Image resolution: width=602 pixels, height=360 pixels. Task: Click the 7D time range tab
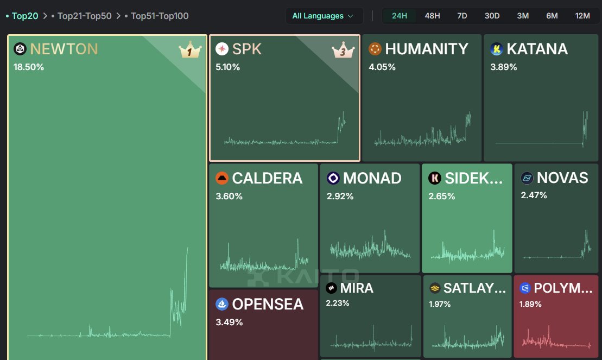[462, 16]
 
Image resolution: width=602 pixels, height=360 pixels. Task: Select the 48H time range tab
[432, 16]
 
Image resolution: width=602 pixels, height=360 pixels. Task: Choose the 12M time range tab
[582, 16]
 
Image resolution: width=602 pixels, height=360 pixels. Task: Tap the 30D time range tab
[492, 16]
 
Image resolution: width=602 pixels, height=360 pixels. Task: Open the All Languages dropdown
[322, 16]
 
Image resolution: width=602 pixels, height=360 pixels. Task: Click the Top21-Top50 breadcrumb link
[85, 16]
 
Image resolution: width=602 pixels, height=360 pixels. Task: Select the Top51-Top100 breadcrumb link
[160, 16]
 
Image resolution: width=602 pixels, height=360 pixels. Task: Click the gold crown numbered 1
[190, 50]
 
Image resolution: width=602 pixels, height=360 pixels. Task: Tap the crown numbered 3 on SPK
[343, 50]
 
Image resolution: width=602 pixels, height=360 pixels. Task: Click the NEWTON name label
[64, 49]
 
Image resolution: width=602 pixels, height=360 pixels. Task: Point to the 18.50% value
[29, 67]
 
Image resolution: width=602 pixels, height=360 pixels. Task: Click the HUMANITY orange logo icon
[375, 49]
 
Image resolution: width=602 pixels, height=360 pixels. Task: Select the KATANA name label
[537, 49]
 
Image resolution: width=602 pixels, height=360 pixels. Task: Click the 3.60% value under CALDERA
[229, 197]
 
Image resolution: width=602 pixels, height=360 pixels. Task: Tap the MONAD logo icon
[333, 178]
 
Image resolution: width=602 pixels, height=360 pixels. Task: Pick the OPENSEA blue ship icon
[222, 304]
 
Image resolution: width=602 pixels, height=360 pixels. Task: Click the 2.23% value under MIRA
[338, 303]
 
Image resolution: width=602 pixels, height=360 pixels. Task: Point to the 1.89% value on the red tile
[530, 304]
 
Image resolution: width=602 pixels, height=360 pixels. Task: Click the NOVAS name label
[562, 178]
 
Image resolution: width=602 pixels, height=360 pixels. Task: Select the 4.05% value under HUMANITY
[382, 67]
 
